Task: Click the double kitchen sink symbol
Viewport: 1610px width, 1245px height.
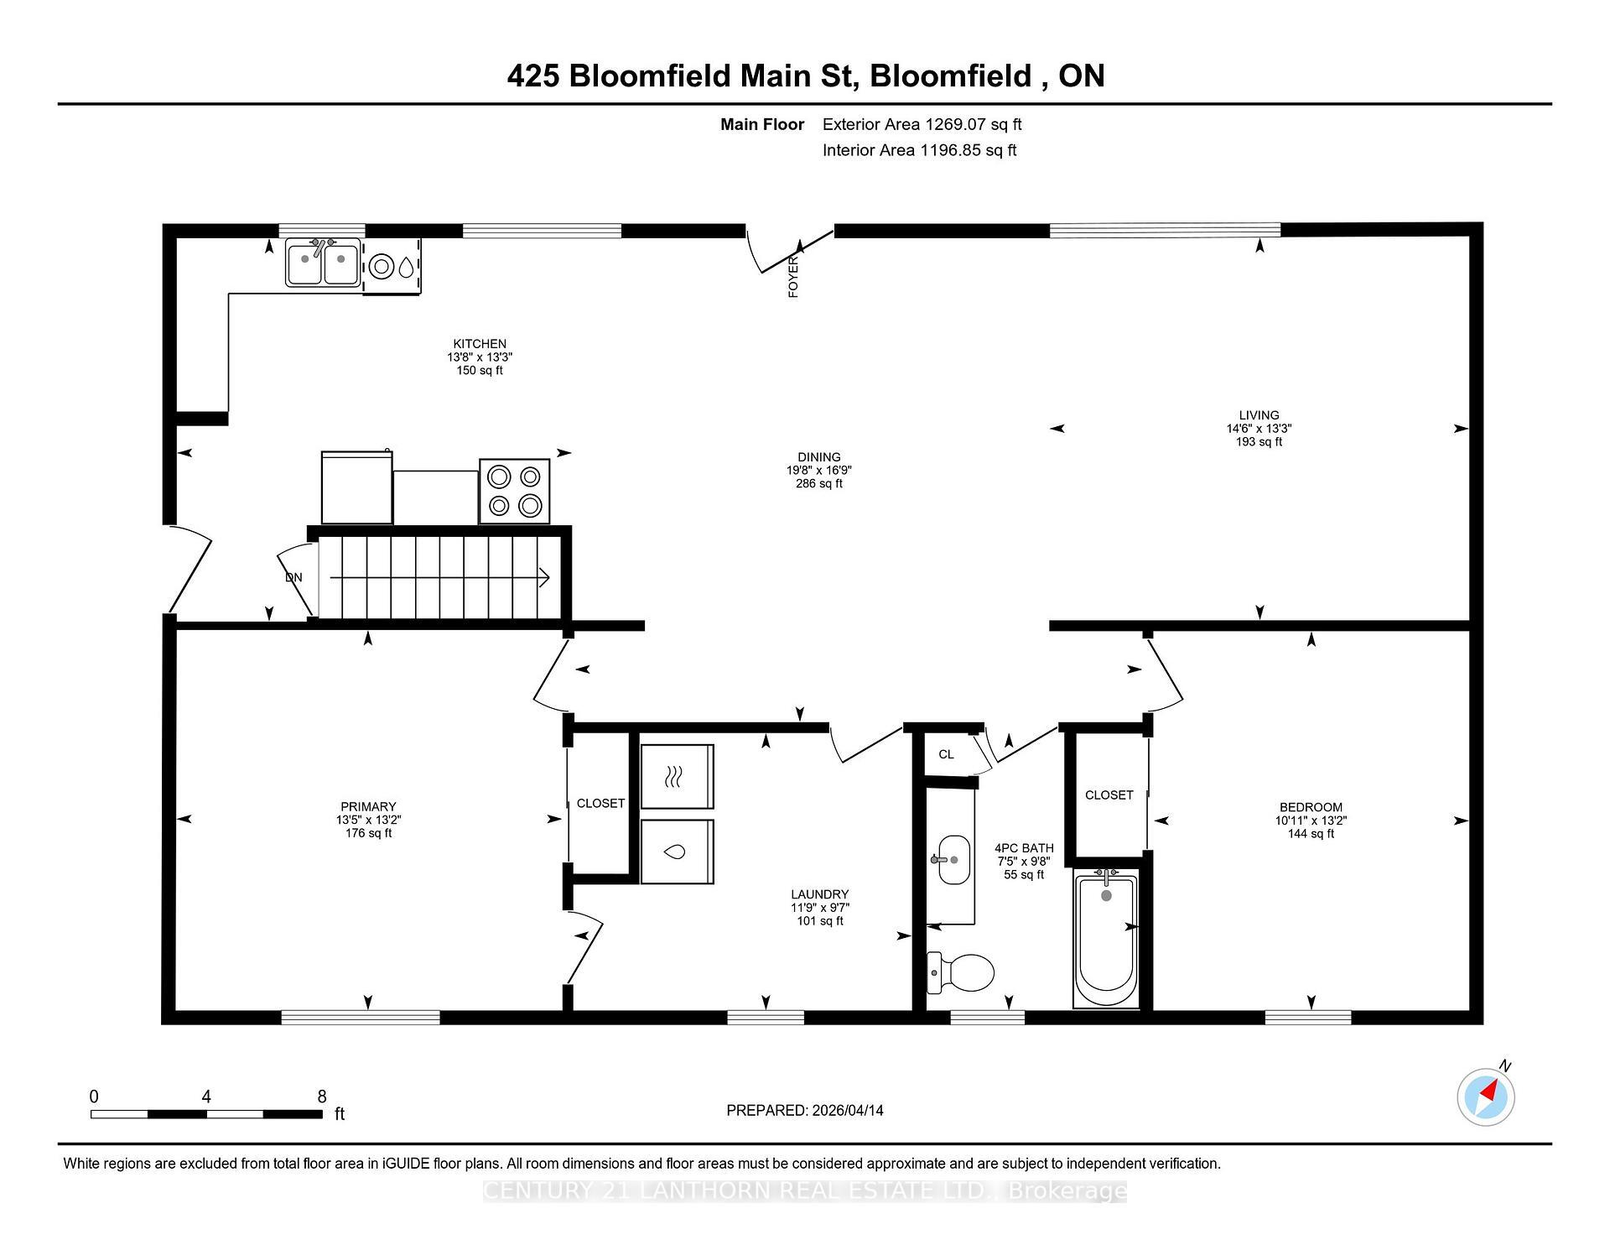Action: point(323,263)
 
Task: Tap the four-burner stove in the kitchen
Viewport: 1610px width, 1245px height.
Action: point(514,491)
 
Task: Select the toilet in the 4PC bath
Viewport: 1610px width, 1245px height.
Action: point(960,972)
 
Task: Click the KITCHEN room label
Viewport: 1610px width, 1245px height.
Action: point(480,343)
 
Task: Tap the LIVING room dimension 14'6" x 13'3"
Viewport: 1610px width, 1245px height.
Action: point(1259,428)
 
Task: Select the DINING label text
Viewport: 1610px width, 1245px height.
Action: point(818,457)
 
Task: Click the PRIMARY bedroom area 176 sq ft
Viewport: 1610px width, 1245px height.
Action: point(368,833)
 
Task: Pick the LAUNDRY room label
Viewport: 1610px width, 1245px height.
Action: point(819,894)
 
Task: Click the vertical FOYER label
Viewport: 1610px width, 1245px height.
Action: point(793,277)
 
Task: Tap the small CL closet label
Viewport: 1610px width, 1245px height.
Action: point(946,754)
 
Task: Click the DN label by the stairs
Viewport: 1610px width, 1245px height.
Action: point(293,577)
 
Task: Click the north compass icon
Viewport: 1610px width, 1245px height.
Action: point(1486,1097)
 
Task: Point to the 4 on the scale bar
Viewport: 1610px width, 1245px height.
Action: point(206,1097)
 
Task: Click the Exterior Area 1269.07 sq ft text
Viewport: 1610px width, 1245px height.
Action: point(922,124)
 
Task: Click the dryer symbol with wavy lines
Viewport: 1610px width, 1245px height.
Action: point(677,776)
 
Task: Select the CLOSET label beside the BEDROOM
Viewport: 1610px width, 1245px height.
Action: point(1109,794)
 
